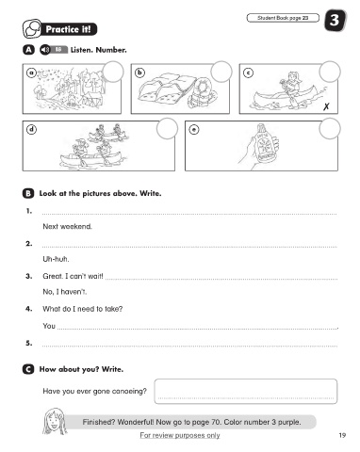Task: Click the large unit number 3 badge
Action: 335,21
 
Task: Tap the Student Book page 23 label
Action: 283,18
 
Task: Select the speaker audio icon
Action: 45,50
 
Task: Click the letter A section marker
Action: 28,50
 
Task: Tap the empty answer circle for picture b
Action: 221,72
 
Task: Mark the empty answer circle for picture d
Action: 167,129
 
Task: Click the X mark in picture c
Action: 326,106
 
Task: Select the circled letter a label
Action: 31,73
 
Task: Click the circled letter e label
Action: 194,129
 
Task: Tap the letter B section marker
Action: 28,193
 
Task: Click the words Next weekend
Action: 67,226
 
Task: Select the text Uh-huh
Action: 56,259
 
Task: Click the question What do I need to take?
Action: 83,309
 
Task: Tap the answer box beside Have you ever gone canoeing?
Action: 246,391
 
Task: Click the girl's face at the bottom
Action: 54,422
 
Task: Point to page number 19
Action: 342,435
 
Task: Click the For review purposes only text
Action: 180,435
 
